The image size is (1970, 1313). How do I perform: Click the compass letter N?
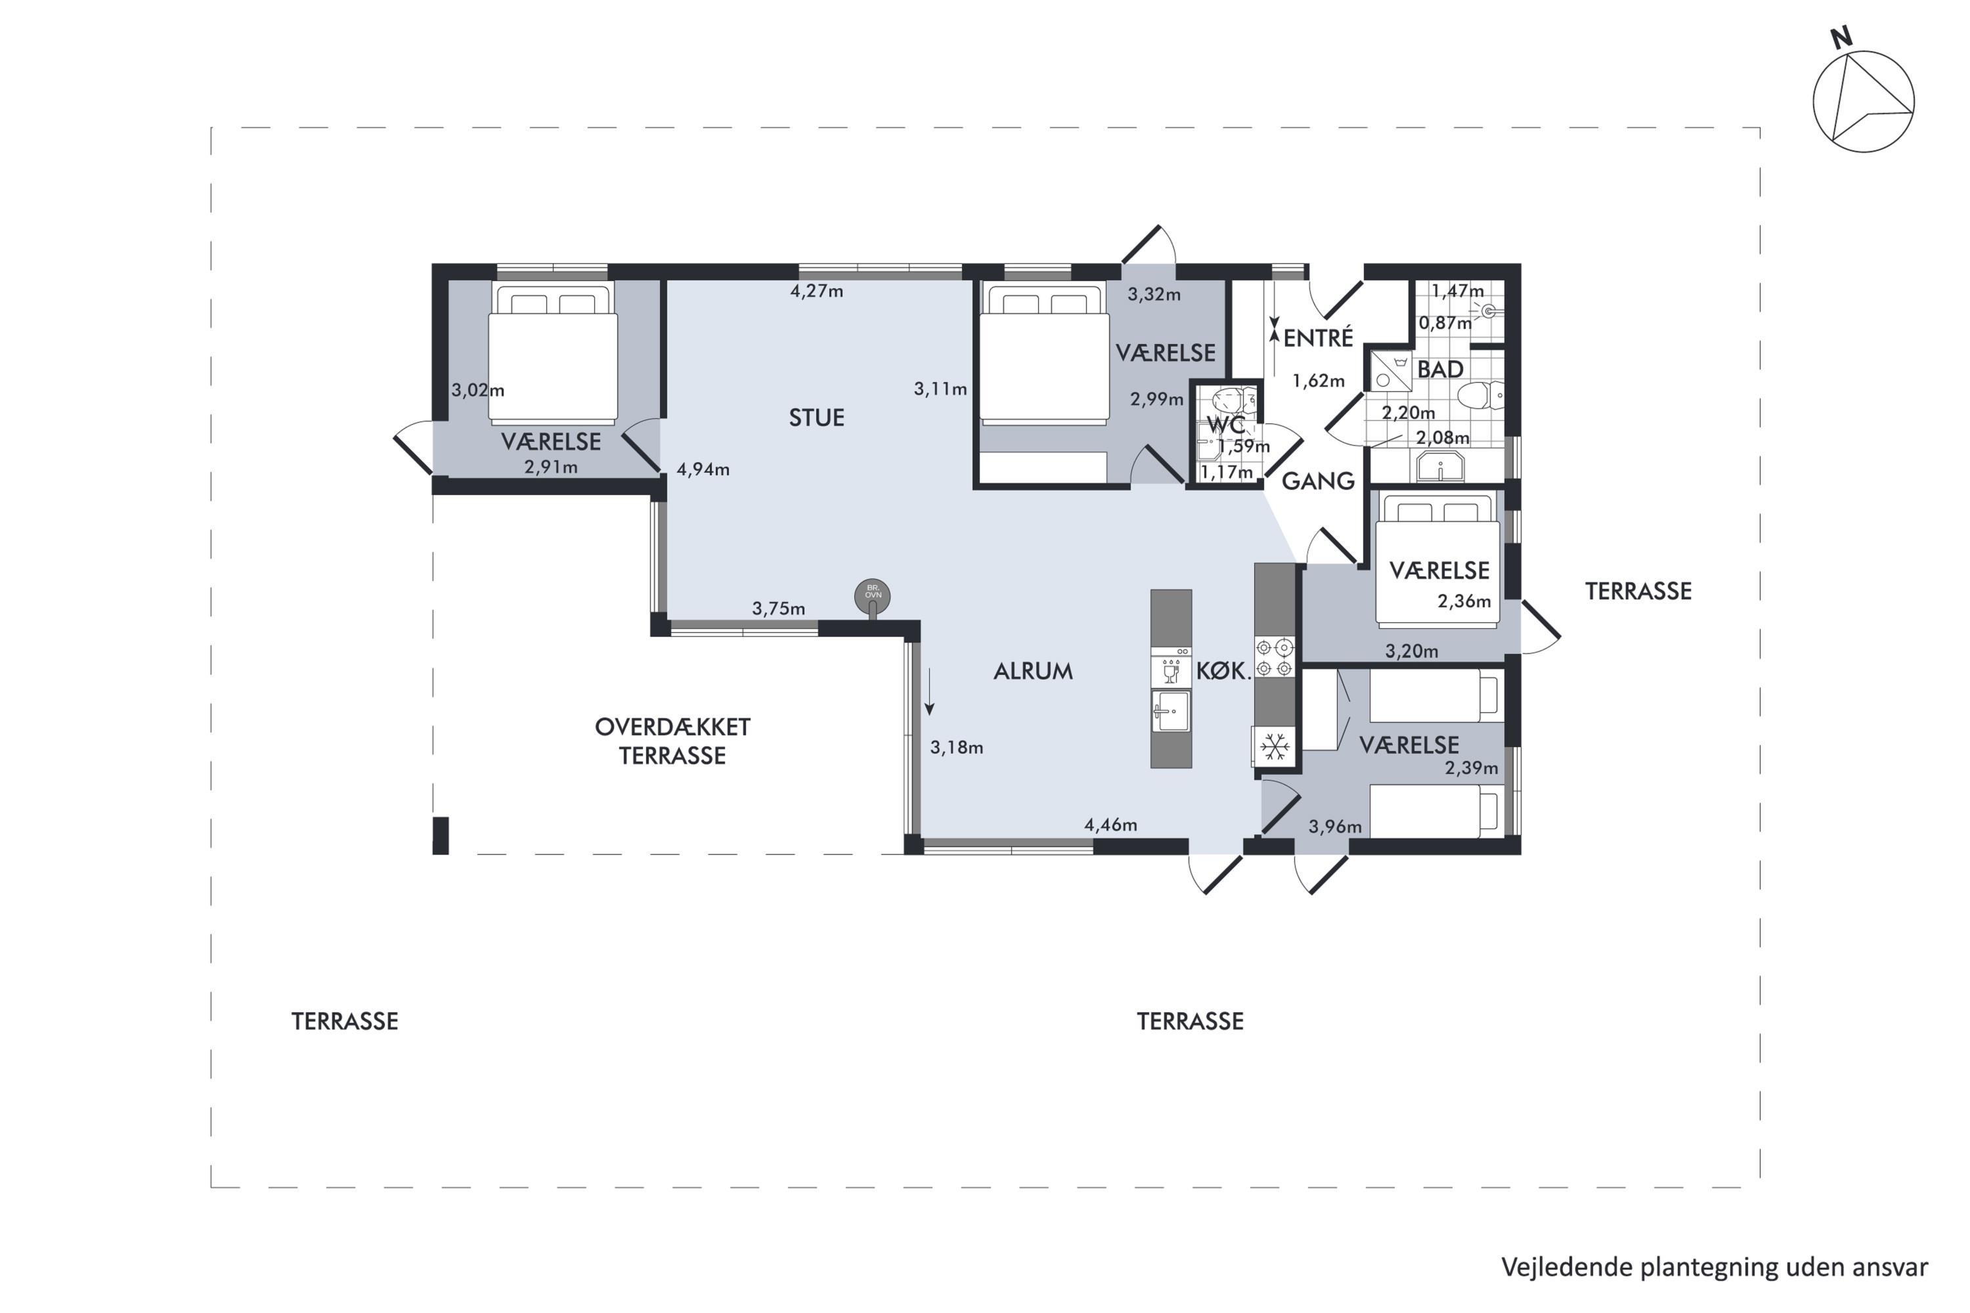click(1841, 37)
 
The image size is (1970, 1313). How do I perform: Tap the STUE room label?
click(817, 418)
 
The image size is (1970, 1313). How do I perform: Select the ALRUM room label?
click(1033, 672)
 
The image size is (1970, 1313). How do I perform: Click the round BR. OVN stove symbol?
click(873, 597)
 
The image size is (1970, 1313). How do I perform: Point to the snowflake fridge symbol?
click(1274, 747)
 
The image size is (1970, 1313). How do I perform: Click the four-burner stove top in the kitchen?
click(1274, 657)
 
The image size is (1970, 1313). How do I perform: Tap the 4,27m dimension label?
click(817, 291)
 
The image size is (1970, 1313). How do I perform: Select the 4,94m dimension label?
click(703, 470)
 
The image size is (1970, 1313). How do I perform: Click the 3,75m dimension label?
click(778, 609)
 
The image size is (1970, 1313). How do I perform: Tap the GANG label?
click(1319, 481)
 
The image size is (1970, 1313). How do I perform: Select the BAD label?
click(1441, 369)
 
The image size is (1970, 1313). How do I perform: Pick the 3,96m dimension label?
click(1335, 827)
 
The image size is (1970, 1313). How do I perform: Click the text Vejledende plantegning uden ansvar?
click(1715, 1268)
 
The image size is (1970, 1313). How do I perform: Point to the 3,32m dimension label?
click(1154, 295)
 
